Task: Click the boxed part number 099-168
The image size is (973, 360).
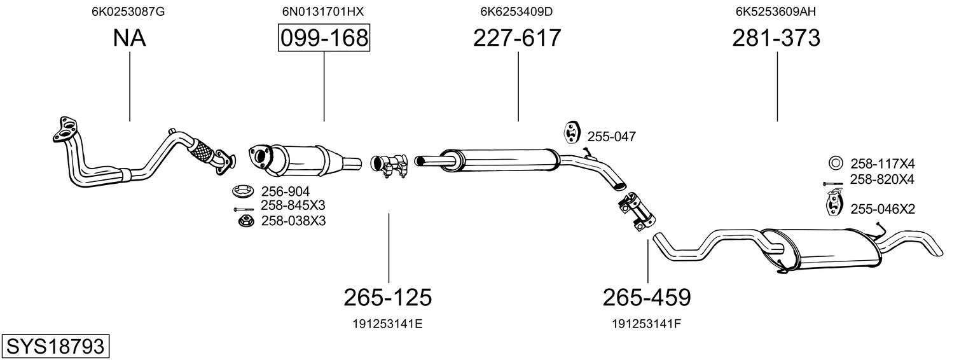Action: (324, 39)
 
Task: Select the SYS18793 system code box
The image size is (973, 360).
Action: (55, 347)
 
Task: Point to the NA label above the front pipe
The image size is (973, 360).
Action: (129, 39)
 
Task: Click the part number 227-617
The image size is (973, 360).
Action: (517, 39)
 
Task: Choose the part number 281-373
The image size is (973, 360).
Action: (776, 39)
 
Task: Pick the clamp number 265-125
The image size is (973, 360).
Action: (388, 297)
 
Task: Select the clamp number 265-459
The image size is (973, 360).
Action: (647, 297)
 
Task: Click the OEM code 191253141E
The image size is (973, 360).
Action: (388, 324)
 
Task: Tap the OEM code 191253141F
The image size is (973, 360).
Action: (647, 324)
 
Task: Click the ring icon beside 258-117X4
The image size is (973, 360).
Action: (836, 163)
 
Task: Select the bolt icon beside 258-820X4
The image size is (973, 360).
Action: (832, 184)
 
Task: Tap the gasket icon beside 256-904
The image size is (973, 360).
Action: (242, 190)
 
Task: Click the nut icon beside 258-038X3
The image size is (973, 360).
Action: (245, 221)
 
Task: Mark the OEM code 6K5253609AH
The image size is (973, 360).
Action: (776, 11)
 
